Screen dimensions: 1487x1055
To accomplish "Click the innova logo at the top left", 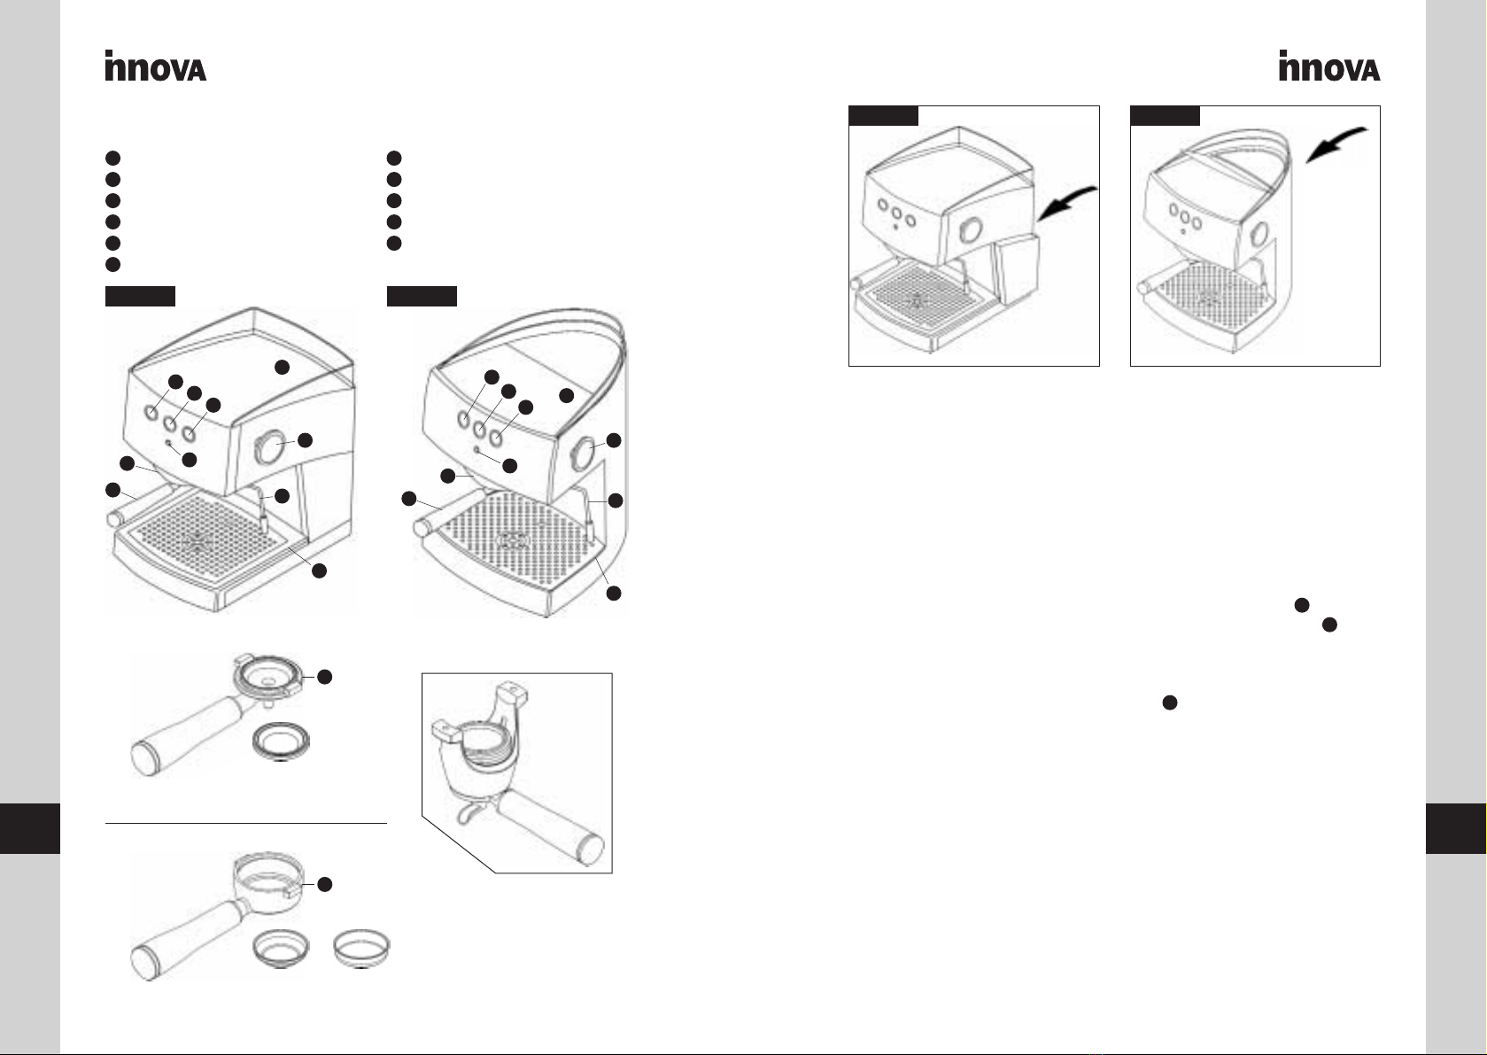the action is (155, 66).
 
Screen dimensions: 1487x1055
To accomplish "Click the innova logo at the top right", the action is (1329, 66).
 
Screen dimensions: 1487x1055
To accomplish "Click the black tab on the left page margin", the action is (30, 828).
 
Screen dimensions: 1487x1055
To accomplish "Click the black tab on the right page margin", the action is (1456, 828).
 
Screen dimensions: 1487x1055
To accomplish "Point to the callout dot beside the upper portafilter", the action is (325, 677).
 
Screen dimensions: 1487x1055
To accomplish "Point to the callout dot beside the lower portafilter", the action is (325, 884).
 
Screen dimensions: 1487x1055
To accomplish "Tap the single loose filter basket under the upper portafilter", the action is (282, 741).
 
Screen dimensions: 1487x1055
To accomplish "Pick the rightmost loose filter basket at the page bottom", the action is (361, 949).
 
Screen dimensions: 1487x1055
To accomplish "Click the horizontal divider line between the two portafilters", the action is (245, 823).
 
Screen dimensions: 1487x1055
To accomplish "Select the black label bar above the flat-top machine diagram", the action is (140, 296).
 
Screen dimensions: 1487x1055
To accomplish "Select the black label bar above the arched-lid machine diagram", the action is (422, 296).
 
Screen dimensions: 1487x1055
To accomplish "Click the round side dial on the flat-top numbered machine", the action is (269, 446).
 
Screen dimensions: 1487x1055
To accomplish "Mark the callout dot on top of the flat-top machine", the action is (283, 367).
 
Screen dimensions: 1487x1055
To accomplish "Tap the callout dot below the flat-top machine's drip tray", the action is (320, 570).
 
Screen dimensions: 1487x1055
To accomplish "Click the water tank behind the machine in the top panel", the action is (1014, 268).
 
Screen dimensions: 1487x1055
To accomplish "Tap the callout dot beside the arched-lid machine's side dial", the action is (614, 439).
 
